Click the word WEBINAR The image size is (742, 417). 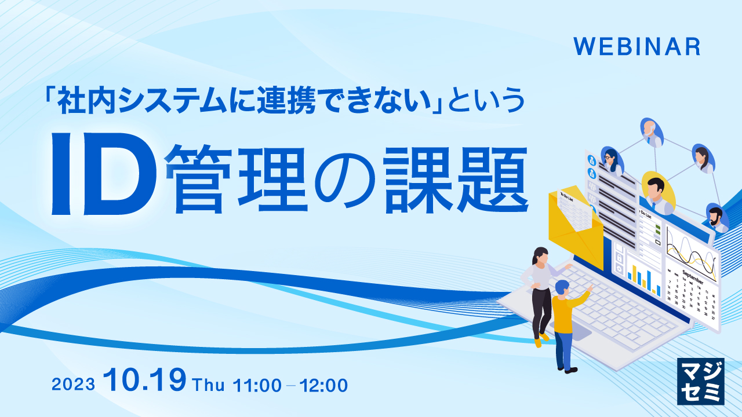click(x=636, y=47)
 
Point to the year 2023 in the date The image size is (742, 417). click(x=73, y=385)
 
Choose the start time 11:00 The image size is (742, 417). click(x=257, y=384)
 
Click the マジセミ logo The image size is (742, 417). click(x=700, y=381)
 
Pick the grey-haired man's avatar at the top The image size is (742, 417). click(x=652, y=132)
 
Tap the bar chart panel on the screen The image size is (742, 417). click(x=644, y=278)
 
